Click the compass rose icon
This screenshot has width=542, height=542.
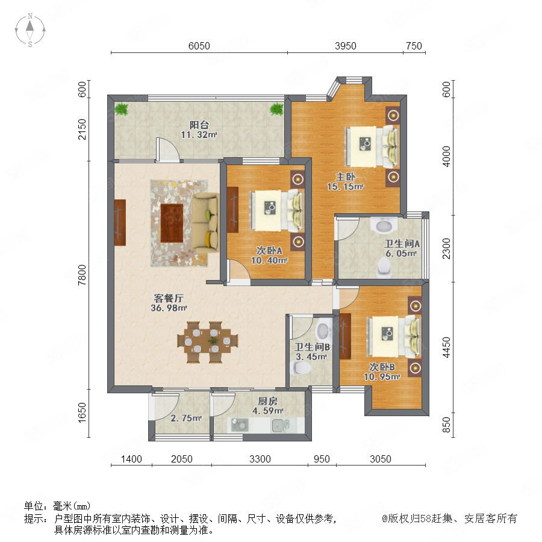pyautogui.click(x=30, y=30)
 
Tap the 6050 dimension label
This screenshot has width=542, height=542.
pyautogui.click(x=199, y=46)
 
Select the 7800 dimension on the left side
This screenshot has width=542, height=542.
pyautogui.click(x=83, y=275)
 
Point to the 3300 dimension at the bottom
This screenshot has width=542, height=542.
pyautogui.click(x=260, y=459)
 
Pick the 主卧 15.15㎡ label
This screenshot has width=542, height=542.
pyautogui.click(x=345, y=181)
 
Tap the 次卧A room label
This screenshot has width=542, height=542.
pyautogui.click(x=269, y=251)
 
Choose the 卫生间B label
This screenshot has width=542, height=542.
pyautogui.click(x=312, y=347)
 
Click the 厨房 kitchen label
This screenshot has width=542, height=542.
pyautogui.click(x=267, y=401)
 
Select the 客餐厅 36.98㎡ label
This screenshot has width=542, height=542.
pyautogui.click(x=169, y=303)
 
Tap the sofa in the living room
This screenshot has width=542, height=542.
pyautogui.click(x=205, y=223)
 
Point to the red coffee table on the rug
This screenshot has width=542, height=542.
pyautogui.click(x=172, y=223)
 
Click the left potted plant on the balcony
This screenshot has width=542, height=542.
pyautogui.click(x=121, y=109)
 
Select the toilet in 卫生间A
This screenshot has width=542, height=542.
pyautogui.click(x=384, y=269)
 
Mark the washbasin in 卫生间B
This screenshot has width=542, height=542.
pyautogui.click(x=323, y=330)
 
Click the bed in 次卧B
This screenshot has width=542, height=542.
pyautogui.click(x=394, y=337)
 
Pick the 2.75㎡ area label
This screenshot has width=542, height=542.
pyautogui.click(x=185, y=418)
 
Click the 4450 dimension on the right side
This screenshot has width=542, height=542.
pyautogui.click(x=447, y=347)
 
